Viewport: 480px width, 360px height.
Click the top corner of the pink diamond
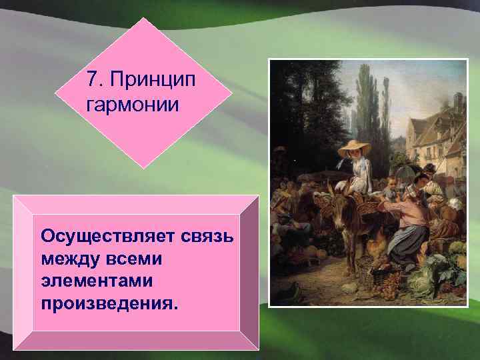click(x=144, y=18)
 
